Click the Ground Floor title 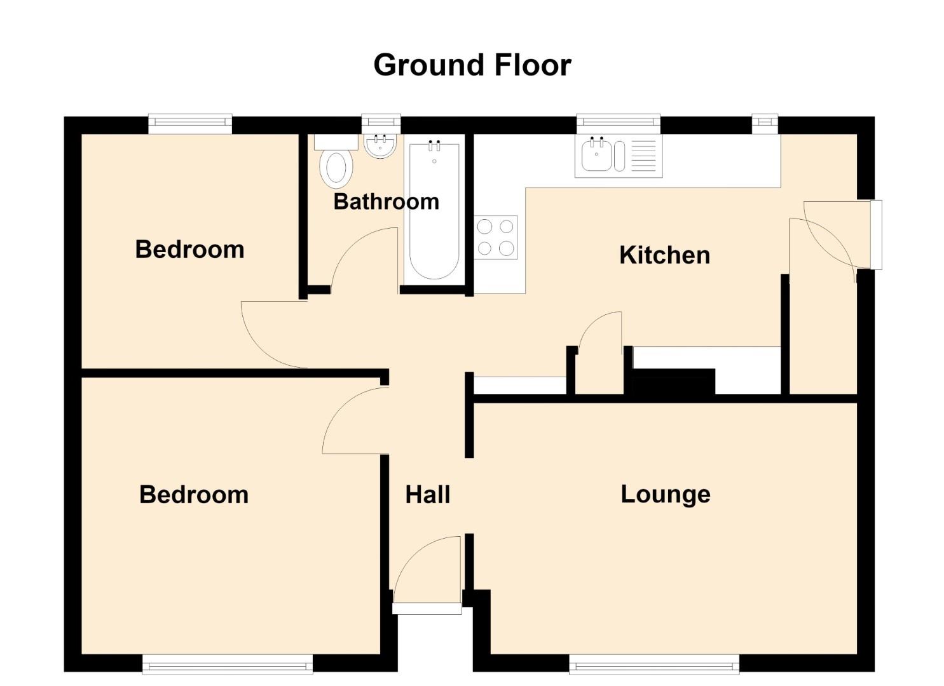coord(472,65)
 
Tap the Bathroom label coord(386,201)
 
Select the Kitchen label coord(664,255)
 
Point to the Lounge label coord(666,495)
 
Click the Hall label coord(427,494)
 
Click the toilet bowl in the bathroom coord(336,169)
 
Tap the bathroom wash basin coord(380,146)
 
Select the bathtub coord(434,211)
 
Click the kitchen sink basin coord(596,156)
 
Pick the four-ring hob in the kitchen coord(496,238)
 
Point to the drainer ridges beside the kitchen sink coord(644,156)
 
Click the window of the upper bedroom coord(190,123)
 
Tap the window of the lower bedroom coord(228,664)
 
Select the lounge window coord(654,664)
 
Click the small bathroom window coord(381,123)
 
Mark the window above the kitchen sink coord(619,123)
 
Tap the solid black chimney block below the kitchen coord(673,382)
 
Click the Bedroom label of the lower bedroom coord(194,494)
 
